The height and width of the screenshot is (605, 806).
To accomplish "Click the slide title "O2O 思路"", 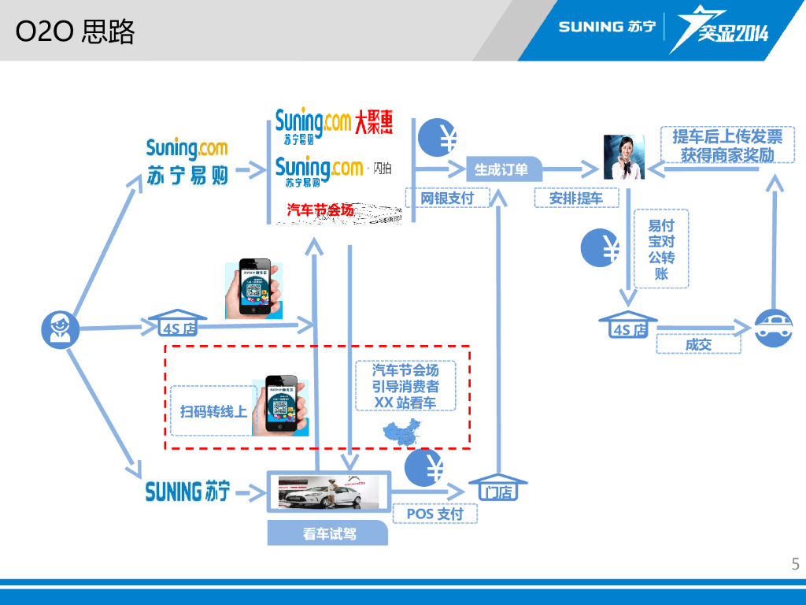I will click(76, 32).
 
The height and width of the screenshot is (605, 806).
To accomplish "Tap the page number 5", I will click(795, 563).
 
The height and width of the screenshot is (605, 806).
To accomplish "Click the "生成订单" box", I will click(501, 169).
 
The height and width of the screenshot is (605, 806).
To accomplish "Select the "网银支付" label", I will click(447, 199).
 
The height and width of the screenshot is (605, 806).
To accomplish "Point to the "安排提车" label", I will click(576, 199).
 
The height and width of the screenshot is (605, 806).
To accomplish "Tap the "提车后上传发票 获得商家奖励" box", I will click(727, 146).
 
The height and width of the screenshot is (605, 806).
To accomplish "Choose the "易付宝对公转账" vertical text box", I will click(661, 249).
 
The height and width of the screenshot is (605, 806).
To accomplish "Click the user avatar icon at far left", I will click(61, 328).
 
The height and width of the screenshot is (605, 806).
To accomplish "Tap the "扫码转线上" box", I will click(213, 410).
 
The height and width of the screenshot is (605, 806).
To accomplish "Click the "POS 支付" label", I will click(434, 514).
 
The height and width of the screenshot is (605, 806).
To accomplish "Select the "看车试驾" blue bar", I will click(328, 533).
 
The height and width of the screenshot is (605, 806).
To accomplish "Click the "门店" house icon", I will click(497, 488).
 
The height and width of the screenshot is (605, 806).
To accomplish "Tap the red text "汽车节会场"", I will click(320, 210).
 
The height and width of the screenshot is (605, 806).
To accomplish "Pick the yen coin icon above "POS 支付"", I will click(424, 467).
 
